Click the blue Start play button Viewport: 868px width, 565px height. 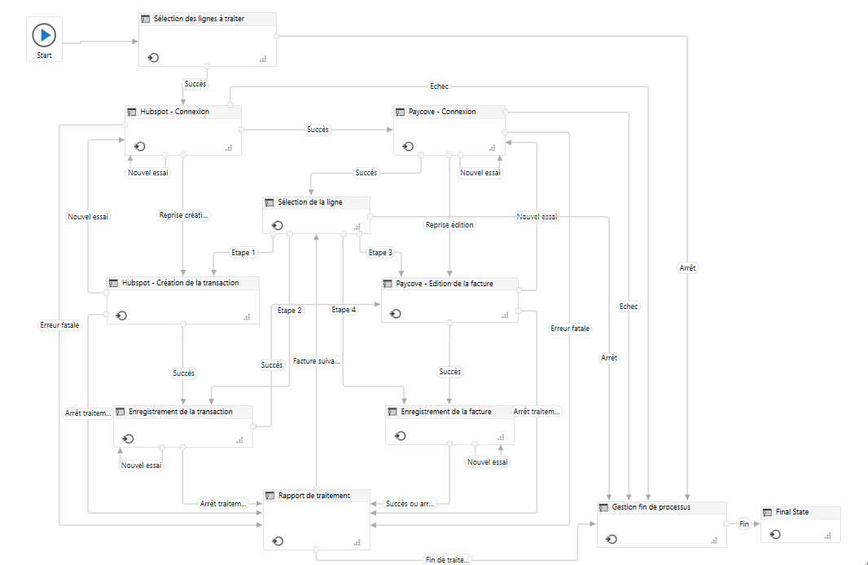point(44,35)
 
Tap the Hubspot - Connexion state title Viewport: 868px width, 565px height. point(174,112)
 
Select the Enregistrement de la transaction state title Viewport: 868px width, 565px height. point(180,412)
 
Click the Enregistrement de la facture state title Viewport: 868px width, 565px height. point(445,412)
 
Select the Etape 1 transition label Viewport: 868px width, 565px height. point(243,253)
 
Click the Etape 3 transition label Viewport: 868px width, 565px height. point(380,253)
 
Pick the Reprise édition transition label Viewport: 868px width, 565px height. point(449,225)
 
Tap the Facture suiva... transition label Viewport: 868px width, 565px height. point(317,360)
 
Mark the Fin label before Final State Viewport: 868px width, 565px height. point(743,524)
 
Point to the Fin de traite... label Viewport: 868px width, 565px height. point(447,560)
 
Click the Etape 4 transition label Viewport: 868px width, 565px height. point(344,310)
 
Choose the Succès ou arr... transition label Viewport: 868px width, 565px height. point(410,504)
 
